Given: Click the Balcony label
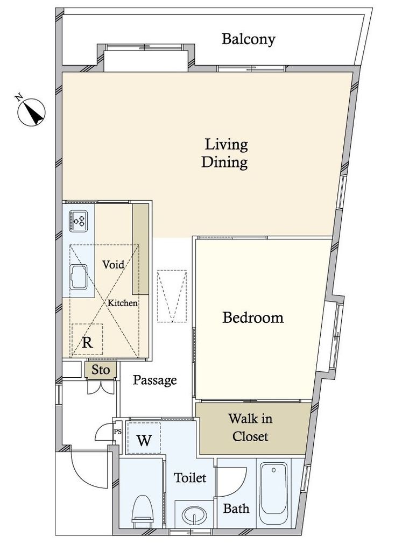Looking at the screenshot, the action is tap(248, 39).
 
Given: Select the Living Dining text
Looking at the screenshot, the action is tap(225, 153).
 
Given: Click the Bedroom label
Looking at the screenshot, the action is tap(252, 317).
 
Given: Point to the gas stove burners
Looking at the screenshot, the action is tap(78, 221).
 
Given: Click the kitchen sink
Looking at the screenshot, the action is tap(78, 277).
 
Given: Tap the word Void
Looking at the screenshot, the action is tap(113, 264).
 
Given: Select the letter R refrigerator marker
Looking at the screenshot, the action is tap(87, 342).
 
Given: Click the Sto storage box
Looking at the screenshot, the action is tap(101, 370).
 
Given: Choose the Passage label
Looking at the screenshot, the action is tap(154, 380).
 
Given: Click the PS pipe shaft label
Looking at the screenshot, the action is tap(117, 432).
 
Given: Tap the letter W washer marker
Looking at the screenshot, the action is tap(144, 440).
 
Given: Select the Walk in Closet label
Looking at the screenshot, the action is tap(250, 428).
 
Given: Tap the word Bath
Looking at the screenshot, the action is tap(236, 508).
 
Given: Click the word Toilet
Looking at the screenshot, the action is tap(190, 478).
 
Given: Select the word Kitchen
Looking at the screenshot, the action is tap(122, 303).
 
